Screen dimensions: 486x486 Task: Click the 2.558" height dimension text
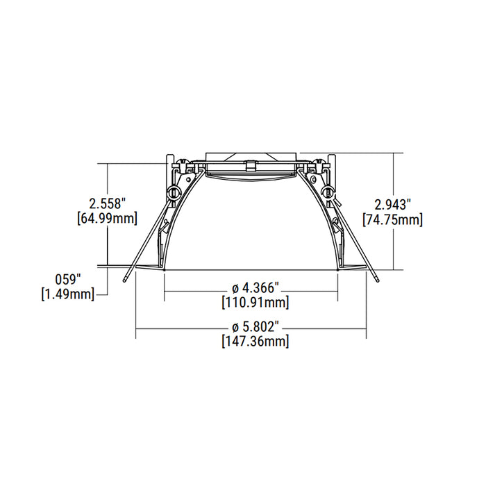coord(107,203)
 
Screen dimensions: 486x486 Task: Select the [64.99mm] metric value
coord(107,218)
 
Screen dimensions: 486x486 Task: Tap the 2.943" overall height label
coord(393,205)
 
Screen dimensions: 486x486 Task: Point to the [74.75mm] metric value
coord(393,219)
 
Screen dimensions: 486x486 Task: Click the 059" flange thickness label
coord(68,280)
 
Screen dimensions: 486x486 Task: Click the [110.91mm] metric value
coord(255,302)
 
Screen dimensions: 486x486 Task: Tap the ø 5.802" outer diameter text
coord(255,326)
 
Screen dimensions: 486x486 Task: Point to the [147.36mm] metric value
coord(255,341)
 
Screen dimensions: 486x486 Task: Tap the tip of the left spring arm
coord(123,282)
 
